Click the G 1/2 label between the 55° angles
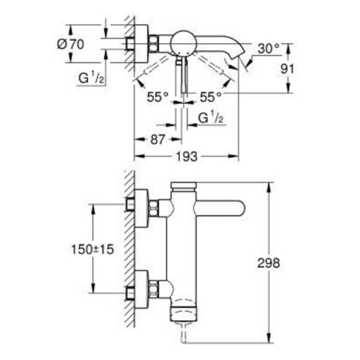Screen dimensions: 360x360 pyautogui.click(x=208, y=116)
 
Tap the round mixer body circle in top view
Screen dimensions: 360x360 pyautogui.click(x=182, y=42)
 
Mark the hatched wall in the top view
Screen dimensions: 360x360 pyautogui.click(x=127, y=44)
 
